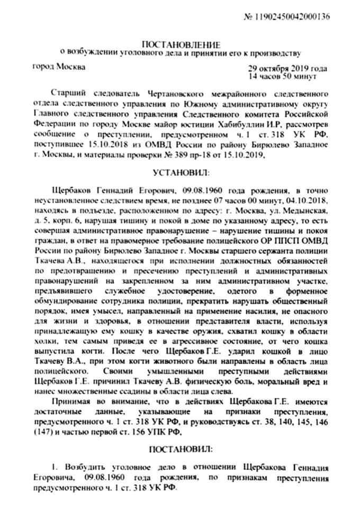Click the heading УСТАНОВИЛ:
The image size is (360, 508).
[181, 173]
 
